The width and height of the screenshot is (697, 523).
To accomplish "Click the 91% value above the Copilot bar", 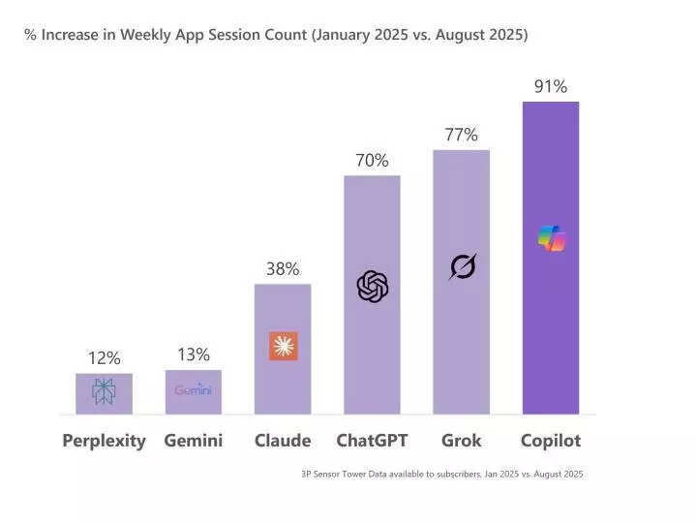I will click(550, 87).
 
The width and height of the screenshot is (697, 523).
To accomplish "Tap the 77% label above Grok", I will click(461, 135).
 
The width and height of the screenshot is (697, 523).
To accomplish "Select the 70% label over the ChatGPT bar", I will click(372, 160).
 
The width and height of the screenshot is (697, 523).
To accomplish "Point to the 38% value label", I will click(283, 269).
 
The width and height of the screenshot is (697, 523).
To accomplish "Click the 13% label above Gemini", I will click(194, 354).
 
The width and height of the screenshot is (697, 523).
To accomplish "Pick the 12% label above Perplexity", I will click(104, 358).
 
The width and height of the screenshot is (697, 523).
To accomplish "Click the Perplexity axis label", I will click(104, 441).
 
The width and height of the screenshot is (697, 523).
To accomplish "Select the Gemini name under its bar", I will click(194, 441).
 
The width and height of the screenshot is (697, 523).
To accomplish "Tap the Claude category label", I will click(283, 441).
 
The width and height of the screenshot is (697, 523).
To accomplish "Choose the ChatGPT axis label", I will click(372, 441).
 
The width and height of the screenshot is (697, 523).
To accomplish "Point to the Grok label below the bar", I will click(461, 441).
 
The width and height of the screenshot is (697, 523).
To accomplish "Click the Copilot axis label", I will click(550, 441).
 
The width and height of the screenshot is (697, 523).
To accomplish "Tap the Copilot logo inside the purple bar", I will click(551, 238).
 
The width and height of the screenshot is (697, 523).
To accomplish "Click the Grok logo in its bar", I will click(463, 266).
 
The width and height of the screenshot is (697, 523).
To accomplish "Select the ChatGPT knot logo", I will click(373, 287).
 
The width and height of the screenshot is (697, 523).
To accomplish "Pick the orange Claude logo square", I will click(284, 346).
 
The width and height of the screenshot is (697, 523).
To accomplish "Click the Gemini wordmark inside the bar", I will click(194, 390).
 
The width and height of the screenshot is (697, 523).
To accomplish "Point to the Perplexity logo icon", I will click(104, 391).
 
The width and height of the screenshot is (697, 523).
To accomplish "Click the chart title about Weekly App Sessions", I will click(276, 35).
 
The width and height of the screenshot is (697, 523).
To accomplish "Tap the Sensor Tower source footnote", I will click(441, 474).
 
